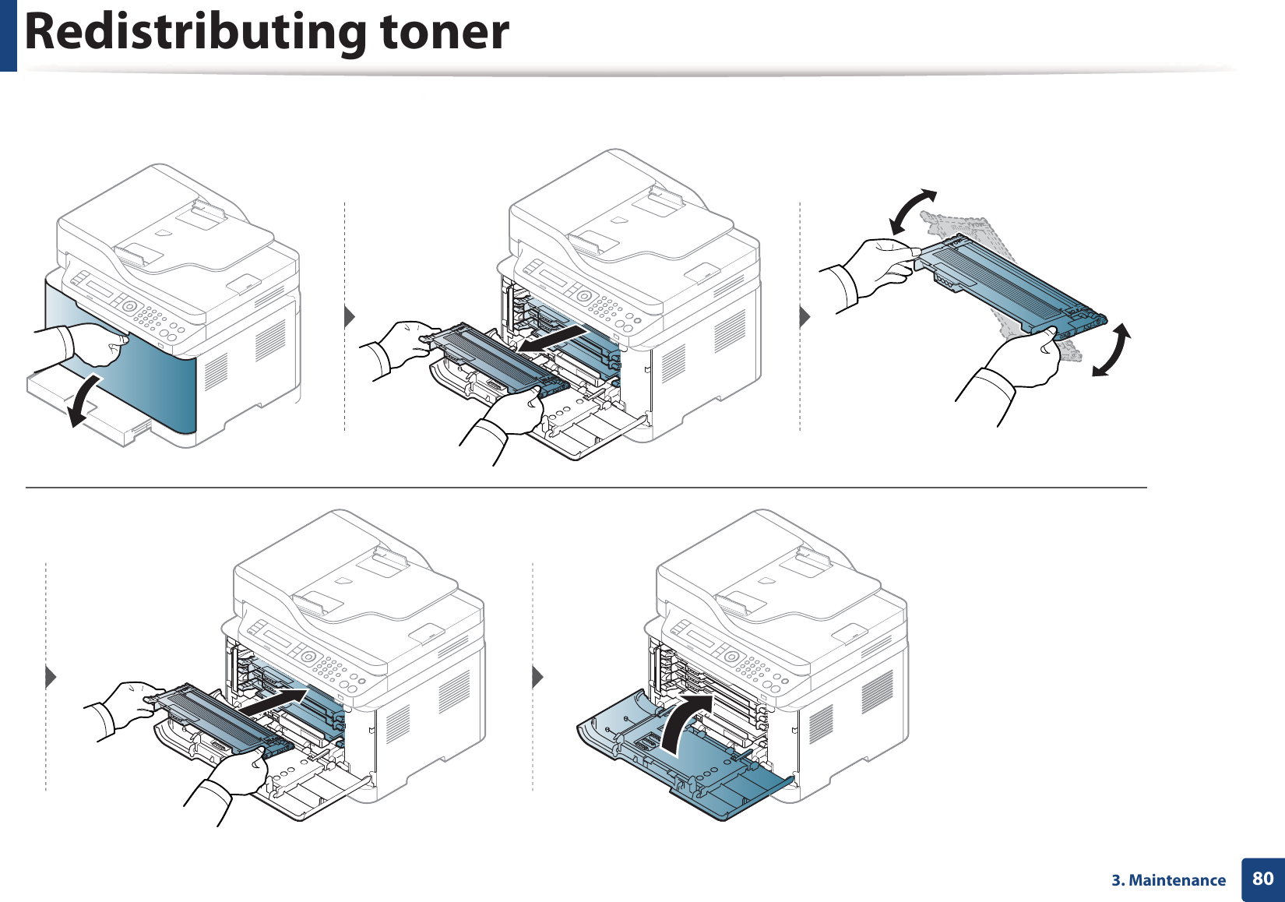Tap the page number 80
(x=1262, y=879)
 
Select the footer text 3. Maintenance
(x=1168, y=880)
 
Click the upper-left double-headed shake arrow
(x=912, y=212)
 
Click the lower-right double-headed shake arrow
(x=1112, y=351)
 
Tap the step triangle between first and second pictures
(x=350, y=317)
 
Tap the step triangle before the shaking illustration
(x=805, y=317)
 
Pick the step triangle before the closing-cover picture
(x=537, y=677)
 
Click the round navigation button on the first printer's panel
(x=129, y=307)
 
